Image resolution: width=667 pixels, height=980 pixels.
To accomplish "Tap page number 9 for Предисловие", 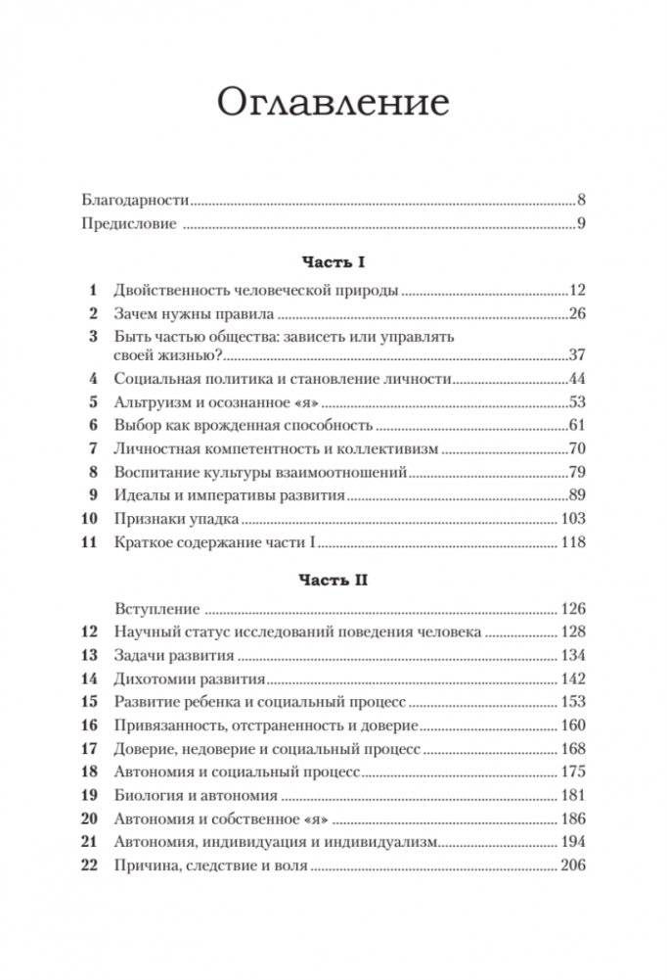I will point(580,224).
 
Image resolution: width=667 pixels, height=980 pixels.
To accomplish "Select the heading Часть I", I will point(333,262).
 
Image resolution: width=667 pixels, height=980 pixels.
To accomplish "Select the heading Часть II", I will point(333,580).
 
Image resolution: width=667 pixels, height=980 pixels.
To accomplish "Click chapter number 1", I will point(93,290).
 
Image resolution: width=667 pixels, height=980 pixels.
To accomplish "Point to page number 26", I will point(575,314).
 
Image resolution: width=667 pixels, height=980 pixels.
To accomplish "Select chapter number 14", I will point(90,679).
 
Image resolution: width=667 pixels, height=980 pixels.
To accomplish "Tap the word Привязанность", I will point(167,724).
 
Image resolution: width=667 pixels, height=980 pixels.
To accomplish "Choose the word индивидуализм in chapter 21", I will point(383,842).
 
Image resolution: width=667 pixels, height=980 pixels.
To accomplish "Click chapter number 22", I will point(90,865).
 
